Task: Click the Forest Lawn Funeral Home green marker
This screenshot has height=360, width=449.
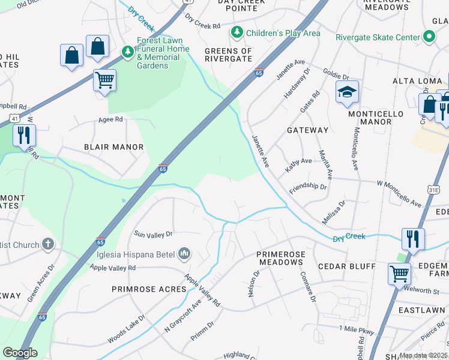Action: point(127,52)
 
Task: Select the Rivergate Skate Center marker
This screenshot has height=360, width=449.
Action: point(429,37)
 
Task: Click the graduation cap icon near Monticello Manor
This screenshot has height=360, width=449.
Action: point(347,92)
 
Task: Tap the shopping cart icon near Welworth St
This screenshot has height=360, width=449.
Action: point(399,274)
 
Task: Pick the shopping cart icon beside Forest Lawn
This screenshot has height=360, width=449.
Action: point(104,80)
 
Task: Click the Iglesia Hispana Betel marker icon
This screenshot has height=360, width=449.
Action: point(184,254)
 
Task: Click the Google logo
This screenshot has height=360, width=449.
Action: point(20,353)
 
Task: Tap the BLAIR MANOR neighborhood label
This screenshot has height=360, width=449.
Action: point(113,147)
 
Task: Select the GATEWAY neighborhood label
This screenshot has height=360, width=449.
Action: point(307,130)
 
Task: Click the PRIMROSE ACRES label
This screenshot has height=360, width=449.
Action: point(149,289)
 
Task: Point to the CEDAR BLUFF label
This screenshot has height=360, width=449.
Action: point(346,266)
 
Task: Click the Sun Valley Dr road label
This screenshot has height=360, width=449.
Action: point(153,234)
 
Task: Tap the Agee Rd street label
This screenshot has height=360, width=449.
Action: point(110,119)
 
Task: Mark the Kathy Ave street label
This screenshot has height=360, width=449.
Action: point(298,161)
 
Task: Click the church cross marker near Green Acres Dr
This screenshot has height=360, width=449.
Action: point(47,245)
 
